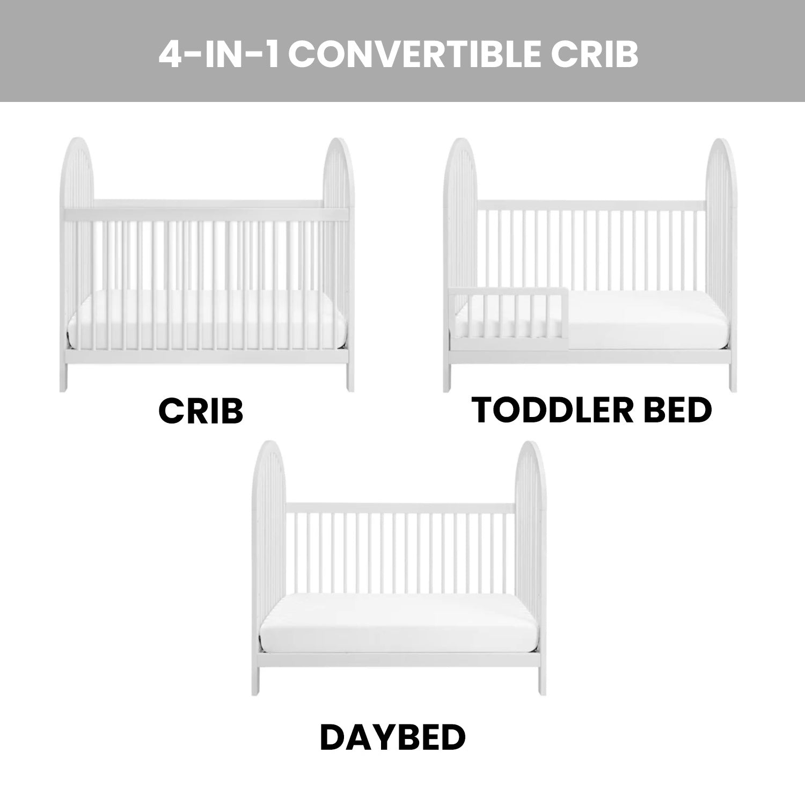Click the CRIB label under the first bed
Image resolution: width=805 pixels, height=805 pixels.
click(x=201, y=412)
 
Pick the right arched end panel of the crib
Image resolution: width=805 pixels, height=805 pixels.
click(x=338, y=215)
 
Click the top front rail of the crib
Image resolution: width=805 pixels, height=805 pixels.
click(x=207, y=214)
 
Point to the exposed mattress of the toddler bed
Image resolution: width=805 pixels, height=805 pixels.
click(x=639, y=322)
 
